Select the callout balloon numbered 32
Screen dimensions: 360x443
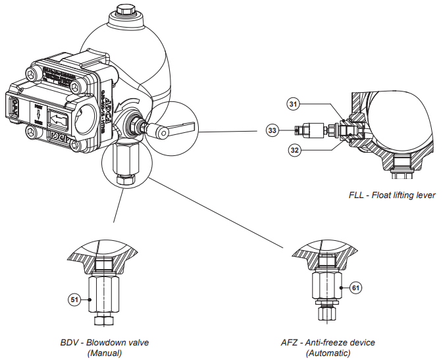293,149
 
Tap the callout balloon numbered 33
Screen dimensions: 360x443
272,130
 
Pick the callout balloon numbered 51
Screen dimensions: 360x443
75,299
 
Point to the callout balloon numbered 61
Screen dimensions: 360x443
356,287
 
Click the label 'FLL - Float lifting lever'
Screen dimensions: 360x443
392,195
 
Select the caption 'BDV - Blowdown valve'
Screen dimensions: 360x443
105,343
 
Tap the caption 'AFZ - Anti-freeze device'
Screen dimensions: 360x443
327,343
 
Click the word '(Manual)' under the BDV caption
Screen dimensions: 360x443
105,353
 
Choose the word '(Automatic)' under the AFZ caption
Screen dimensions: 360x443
328,353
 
